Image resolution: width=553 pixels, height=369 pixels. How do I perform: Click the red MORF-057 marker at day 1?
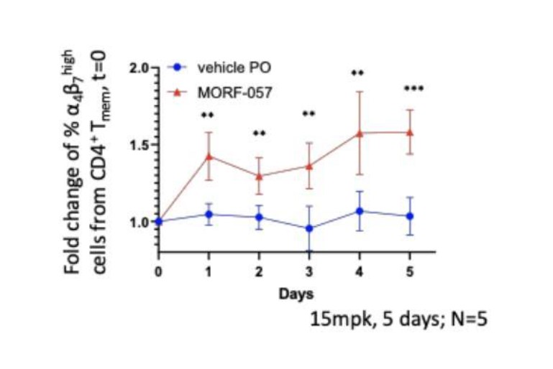click(209, 157)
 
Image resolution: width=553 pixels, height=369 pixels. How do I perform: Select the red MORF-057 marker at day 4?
click(360, 133)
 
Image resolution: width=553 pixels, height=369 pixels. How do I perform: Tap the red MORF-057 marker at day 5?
click(410, 132)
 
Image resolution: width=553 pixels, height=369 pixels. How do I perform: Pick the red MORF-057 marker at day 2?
click(259, 176)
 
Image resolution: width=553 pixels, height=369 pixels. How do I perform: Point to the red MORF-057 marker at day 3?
click(309, 166)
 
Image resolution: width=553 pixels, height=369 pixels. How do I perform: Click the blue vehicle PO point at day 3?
click(309, 228)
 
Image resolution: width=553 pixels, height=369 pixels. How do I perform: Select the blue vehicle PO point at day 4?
click(360, 211)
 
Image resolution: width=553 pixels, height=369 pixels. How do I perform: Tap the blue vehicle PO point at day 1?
click(209, 214)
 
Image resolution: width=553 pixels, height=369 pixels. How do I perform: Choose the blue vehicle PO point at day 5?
click(410, 216)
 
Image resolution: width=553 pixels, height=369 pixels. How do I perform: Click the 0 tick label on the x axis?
click(158, 271)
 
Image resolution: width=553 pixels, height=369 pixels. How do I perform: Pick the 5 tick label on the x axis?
click(410, 271)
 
